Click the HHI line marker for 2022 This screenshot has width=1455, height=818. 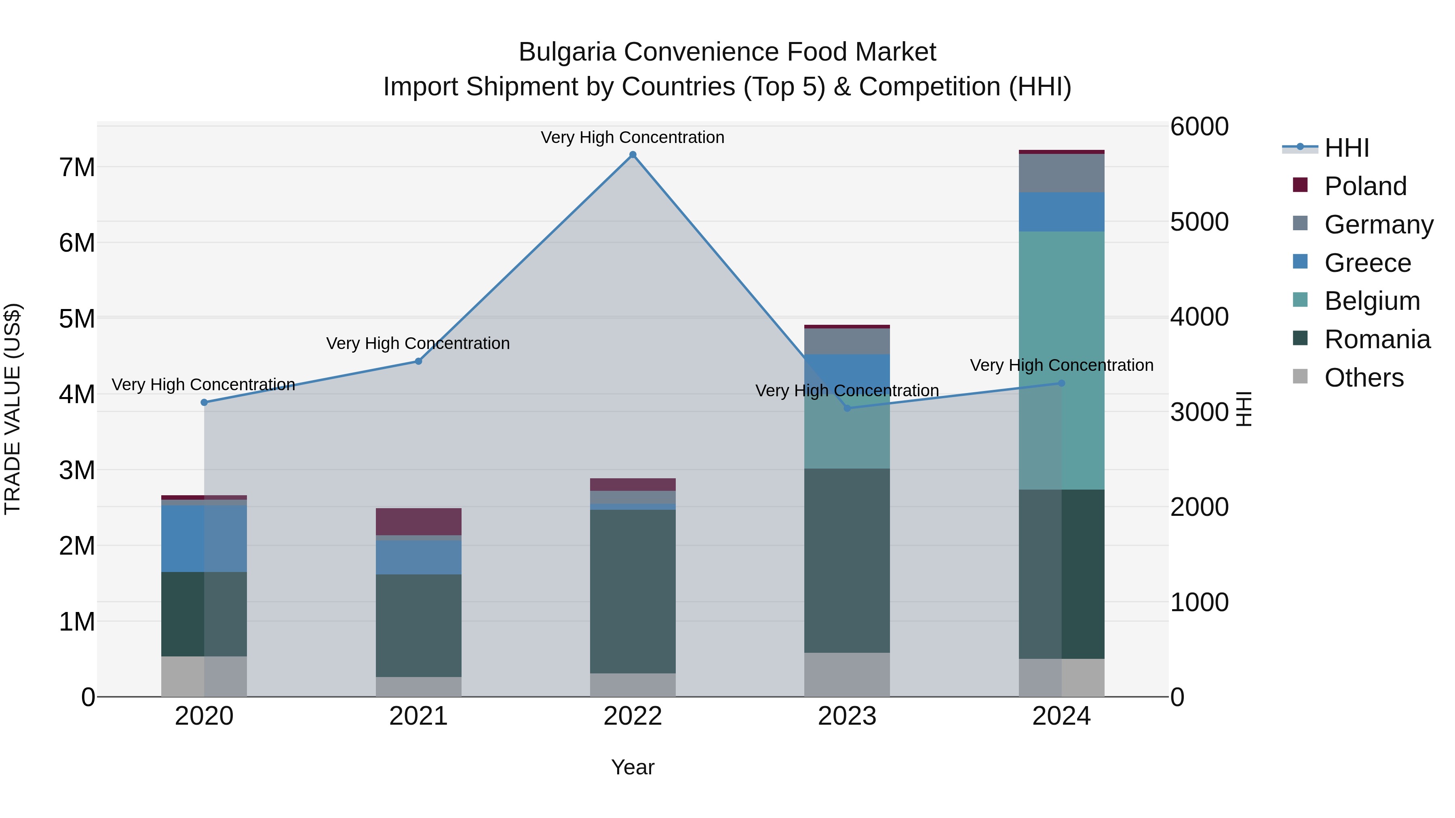(x=633, y=155)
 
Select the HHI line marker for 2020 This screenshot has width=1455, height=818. (x=205, y=402)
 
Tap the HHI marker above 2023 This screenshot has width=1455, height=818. (x=847, y=408)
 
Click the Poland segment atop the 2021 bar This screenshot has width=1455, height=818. (x=419, y=521)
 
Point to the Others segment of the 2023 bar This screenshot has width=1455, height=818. (x=847, y=675)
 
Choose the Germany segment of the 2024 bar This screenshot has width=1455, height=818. (x=1061, y=173)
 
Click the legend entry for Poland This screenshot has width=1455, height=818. (x=1364, y=186)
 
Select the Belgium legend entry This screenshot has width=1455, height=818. (x=1371, y=301)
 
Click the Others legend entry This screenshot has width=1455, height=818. (x=1364, y=378)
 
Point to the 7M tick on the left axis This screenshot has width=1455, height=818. (x=77, y=168)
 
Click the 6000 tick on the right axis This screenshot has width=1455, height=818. (x=1199, y=126)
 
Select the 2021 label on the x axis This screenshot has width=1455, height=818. (x=419, y=716)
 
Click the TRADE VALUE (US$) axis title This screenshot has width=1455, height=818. (x=13, y=409)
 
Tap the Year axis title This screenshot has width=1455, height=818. (x=633, y=767)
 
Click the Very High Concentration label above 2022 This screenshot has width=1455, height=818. (x=633, y=137)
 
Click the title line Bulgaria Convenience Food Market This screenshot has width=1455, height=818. (x=727, y=52)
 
